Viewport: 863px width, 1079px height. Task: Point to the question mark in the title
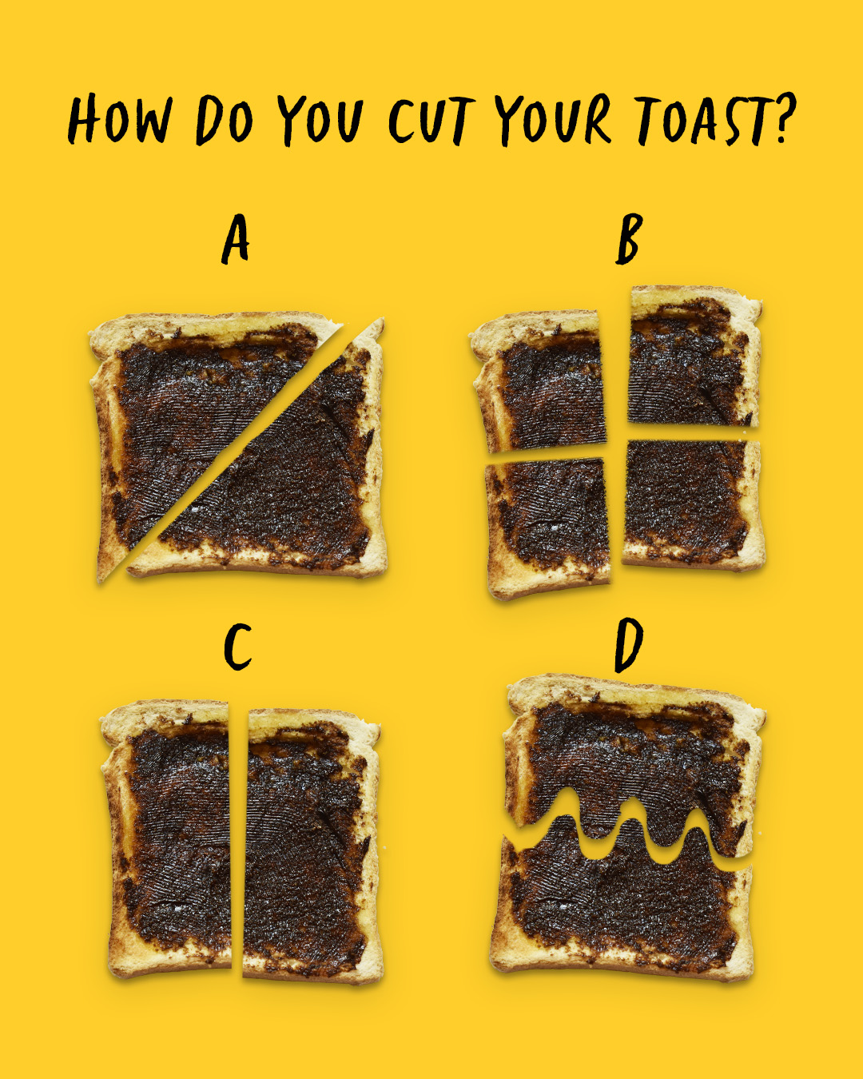[x=784, y=117]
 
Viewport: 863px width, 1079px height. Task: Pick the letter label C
[x=237, y=647]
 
